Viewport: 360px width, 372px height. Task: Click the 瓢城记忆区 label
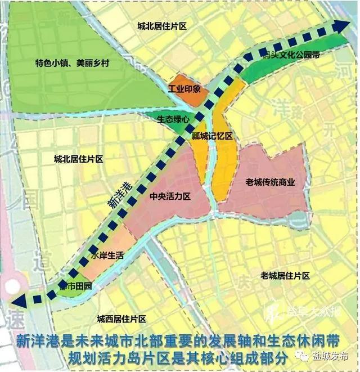click(212, 136)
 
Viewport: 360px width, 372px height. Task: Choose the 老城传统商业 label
click(271, 182)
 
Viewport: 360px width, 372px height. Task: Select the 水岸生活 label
click(106, 254)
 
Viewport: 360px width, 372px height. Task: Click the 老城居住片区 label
click(285, 276)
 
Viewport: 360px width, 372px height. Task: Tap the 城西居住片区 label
click(121, 318)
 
